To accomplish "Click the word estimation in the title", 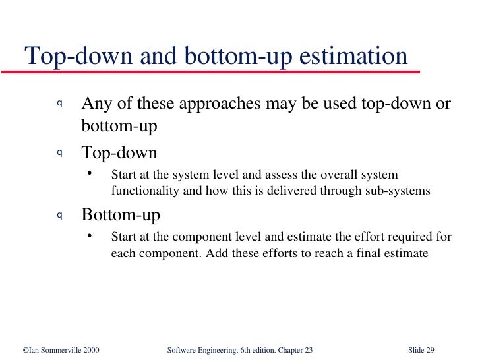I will click(x=354, y=57).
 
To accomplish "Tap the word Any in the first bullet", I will click(x=96, y=104).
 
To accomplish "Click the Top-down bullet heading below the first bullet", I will click(x=119, y=154).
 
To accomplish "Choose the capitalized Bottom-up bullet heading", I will click(x=121, y=216).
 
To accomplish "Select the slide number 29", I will click(x=431, y=349).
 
